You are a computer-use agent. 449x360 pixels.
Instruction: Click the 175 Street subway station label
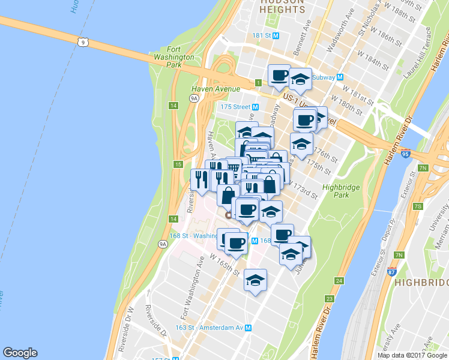coord(238,107)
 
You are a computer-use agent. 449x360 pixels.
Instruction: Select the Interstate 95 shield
coord(406,154)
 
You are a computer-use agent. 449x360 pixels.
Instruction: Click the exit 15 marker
coord(178,164)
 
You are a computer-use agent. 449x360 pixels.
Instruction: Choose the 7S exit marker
coord(418,207)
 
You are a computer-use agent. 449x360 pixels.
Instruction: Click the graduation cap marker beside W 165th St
coord(255,280)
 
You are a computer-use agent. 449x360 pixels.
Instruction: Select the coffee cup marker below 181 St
coord(279,76)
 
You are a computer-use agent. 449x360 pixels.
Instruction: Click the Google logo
coord(20,353)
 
